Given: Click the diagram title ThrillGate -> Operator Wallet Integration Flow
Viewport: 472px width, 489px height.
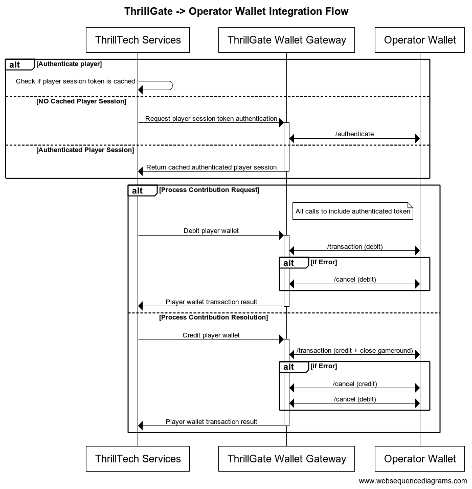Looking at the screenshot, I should pyautogui.click(x=236, y=11).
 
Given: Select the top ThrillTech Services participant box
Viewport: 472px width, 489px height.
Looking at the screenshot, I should pyautogui.click(x=138, y=40).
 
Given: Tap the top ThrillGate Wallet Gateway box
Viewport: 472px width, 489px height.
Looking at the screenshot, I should pyautogui.click(x=286, y=40).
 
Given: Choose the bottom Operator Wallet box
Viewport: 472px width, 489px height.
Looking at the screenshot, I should pyautogui.click(x=420, y=459).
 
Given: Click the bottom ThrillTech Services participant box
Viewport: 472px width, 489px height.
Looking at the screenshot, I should pyautogui.click(x=138, y=459).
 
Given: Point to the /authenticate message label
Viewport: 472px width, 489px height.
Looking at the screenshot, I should pyautogui.click(x=354, y=134).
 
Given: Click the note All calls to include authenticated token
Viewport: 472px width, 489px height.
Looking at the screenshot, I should pyautogui.click(x=353, y=211).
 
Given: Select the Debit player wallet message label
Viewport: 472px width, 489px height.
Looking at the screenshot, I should pyautogui.click(x=211, y=231).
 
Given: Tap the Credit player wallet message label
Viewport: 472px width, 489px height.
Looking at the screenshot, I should pyautogui.click(x=211, y=335).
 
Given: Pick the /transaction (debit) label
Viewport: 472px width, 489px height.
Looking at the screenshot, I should pyautogui.click(x=355, y=247).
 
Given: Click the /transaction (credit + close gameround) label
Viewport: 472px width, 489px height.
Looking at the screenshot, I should pyautogui.click(x=354, y=351).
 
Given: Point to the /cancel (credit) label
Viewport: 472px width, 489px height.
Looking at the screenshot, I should pyautogui.click(x=355, y=384).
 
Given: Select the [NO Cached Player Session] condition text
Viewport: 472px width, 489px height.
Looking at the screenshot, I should pyautogui.click(x=81, y=101).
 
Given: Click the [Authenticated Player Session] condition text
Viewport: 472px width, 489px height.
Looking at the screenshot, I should pyautogui.click(x=85, y=150).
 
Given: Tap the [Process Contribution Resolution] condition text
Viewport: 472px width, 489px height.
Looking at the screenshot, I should pyautogui.click(x=213, y=317).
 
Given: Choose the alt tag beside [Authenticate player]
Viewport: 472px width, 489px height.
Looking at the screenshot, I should pyautogui.click(x=15, y=65).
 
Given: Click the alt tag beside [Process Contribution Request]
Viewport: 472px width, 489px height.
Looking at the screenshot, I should pyautogui.click(x=138, y=190).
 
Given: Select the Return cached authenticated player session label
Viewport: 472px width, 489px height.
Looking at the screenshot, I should pyautogui.click(x=211, y=167).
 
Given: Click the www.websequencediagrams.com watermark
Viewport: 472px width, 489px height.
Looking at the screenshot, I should pyautogui.click(x=413, y=481).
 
